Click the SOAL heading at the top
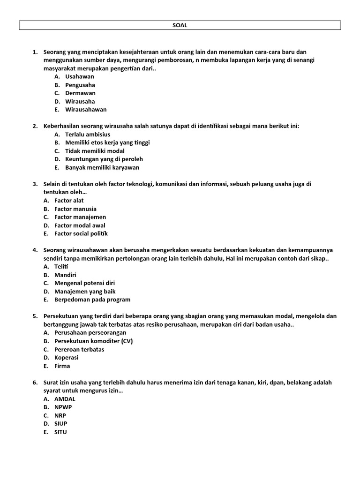point(180,26)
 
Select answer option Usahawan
point(79,76)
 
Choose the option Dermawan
point(80,93)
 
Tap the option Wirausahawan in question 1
point(86,109)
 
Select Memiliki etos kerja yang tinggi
point(107,142)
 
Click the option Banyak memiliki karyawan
point(102,167)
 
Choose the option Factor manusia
point(75,209)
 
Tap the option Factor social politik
point(81,233)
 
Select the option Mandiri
point(65,275)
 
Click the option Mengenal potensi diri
point(84,283)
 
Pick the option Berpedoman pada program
point(92,300)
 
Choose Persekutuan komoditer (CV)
point(93,341)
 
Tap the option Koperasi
point(66,357)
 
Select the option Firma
point(62,366)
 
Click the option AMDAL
point(65,399)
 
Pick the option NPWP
point(63,407)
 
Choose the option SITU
point(60,432)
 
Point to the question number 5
point(35,316)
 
